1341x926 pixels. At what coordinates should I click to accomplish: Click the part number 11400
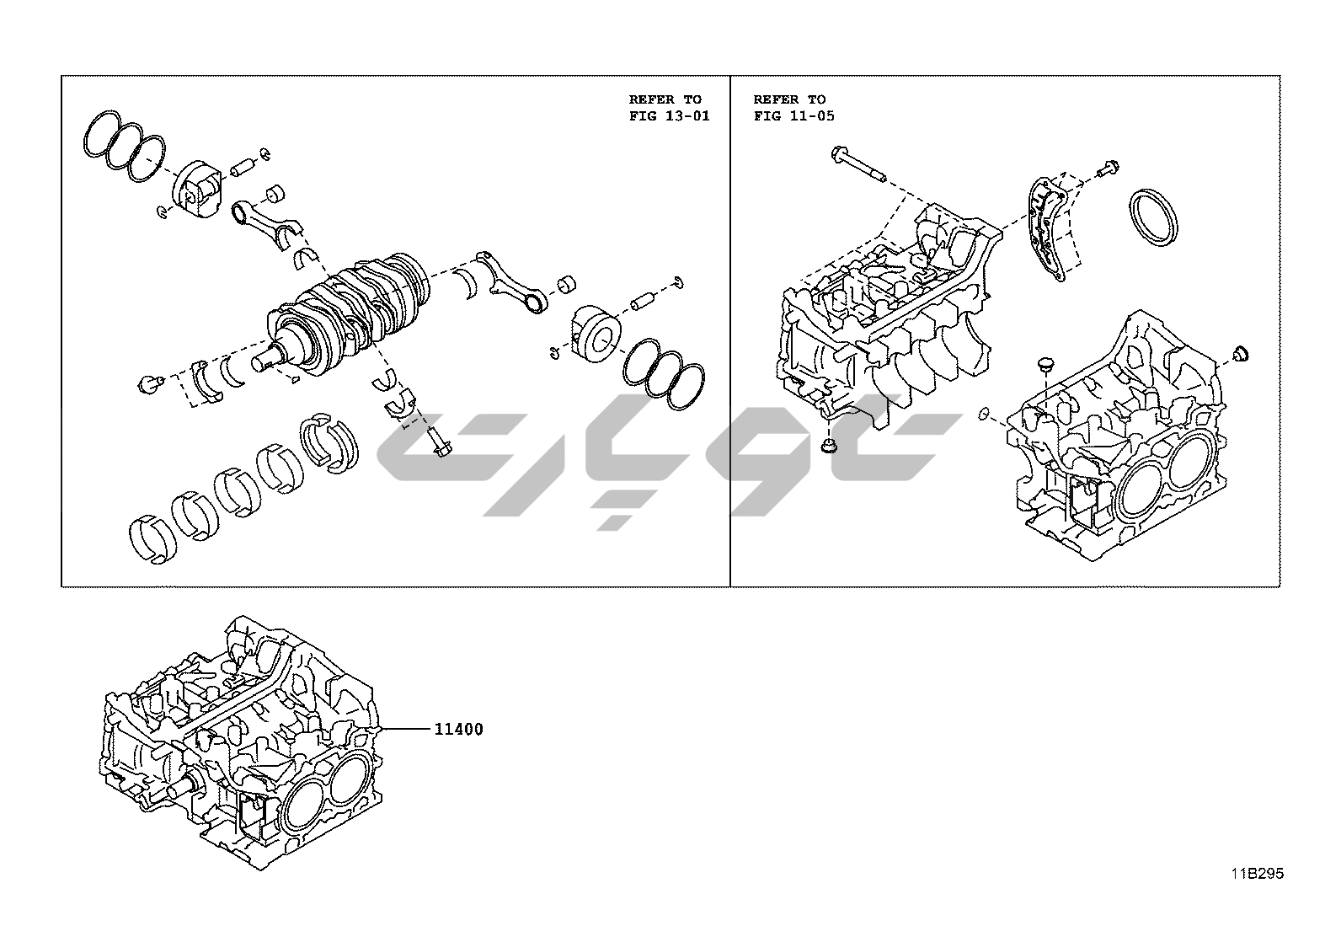(x=458, y=730)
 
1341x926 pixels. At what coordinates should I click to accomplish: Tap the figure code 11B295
(x=1254, y=874)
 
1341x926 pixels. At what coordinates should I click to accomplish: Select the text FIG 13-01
(x=669, y=115)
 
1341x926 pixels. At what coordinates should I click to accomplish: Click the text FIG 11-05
(x=793, y=115)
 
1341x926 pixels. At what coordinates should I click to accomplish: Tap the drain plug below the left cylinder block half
(x=829, y=447)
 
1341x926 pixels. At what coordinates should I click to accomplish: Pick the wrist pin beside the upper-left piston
(x=243, y=165)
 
